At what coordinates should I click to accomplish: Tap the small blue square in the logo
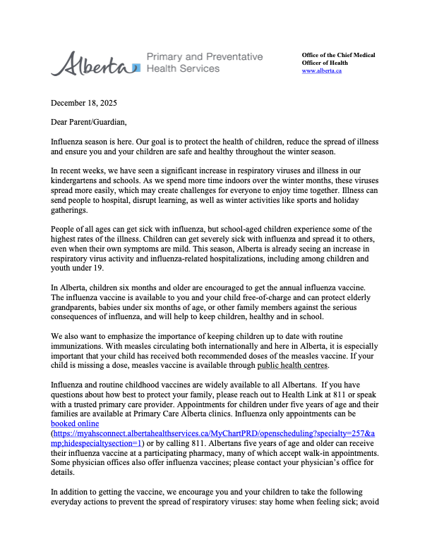point(136,67)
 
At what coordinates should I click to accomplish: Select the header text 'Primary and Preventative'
point(204,56)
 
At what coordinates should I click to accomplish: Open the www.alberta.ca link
point(321,71)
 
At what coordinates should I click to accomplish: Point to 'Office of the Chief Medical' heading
point(338,55)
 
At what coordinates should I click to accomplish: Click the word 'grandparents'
point(78,316)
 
